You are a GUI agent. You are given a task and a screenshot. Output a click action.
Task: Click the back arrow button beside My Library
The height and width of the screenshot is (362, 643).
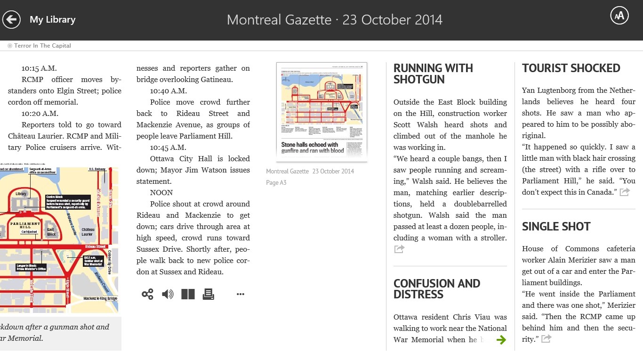coord(11,20)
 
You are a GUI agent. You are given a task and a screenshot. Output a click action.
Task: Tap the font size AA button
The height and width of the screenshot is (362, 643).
coord(619,16)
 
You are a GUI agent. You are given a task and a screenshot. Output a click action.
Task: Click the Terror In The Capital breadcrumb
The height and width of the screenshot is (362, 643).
coord(42,46)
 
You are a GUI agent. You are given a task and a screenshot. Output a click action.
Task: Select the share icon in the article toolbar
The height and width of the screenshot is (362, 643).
coord(147,295)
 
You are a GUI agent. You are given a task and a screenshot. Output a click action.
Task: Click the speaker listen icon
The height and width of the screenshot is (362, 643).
coord(168,295)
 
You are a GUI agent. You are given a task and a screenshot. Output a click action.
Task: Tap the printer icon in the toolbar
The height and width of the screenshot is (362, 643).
coord(208,295)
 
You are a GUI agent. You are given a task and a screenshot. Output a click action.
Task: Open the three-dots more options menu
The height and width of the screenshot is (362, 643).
coord(241,295)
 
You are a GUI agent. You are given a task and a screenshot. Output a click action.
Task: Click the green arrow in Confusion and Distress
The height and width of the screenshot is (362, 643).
coord(501,339)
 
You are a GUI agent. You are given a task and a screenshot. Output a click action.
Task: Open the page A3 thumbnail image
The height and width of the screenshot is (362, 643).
coord(321,112)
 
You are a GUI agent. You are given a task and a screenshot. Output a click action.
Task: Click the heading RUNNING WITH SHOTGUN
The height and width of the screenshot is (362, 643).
coord(433,74)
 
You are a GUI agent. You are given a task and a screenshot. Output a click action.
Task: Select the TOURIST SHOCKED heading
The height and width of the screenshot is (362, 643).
coord(571,68)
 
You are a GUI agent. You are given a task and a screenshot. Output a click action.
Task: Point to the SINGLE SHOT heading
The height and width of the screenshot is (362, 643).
coord(556,227)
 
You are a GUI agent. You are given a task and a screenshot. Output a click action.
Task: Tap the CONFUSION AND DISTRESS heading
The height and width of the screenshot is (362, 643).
coord(436,289)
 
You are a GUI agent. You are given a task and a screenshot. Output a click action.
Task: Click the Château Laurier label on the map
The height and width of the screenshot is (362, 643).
coord(88,232)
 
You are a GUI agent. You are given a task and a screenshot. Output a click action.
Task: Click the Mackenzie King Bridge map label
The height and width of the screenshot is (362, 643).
coord(100,298)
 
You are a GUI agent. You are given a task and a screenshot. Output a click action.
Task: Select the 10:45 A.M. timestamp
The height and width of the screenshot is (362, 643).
coord(168,148)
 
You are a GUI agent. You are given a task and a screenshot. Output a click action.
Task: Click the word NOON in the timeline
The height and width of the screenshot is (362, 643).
coord(161,193)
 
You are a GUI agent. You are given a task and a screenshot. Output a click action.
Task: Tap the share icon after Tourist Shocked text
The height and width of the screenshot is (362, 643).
coord(625,192)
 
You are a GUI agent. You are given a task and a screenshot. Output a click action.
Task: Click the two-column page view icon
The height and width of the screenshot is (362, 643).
coord(188,295)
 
